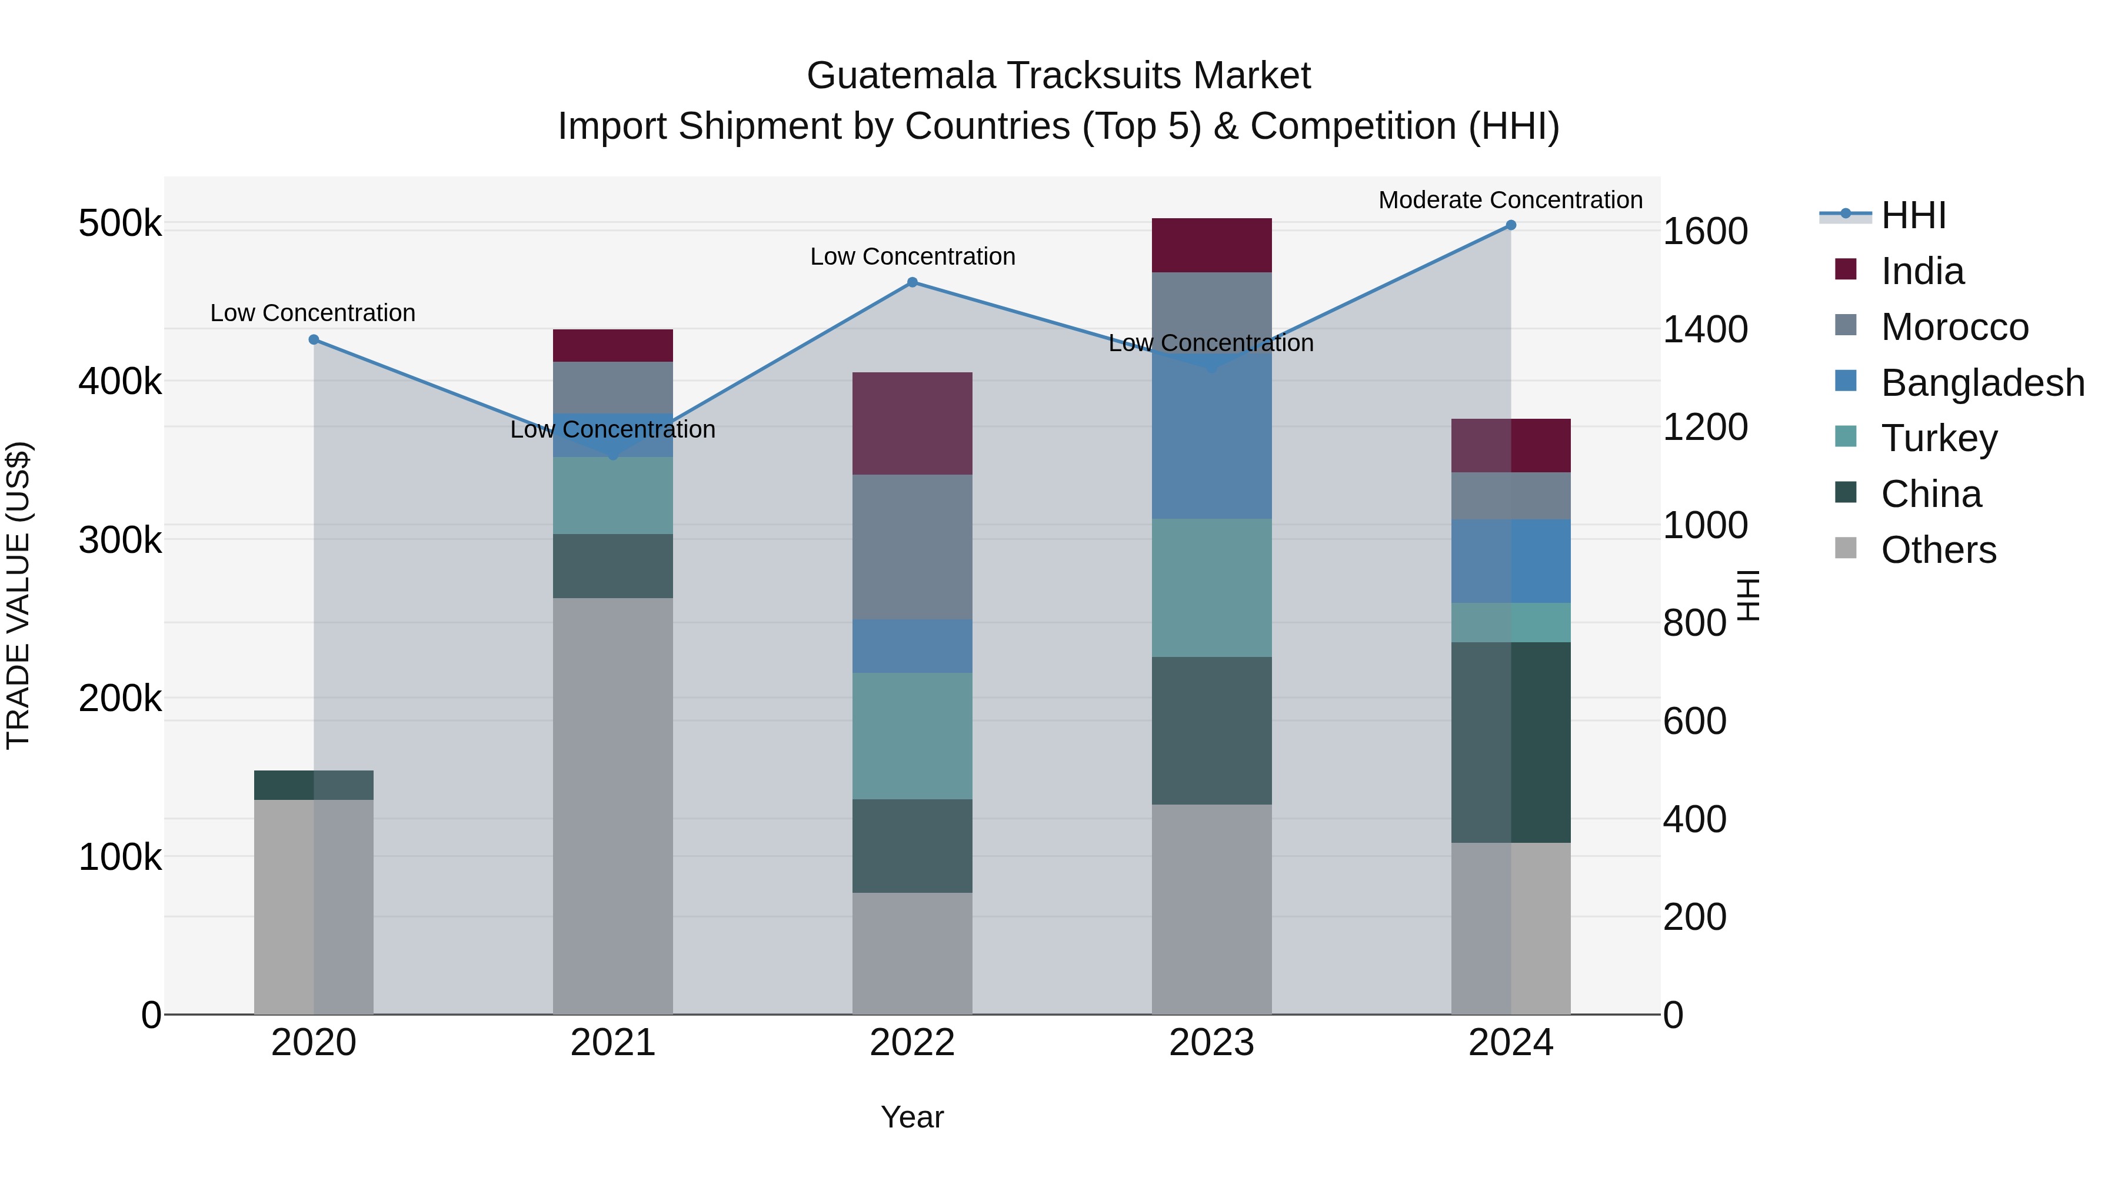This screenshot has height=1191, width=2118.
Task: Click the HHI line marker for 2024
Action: point(1510,225)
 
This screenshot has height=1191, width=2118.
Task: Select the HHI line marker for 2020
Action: point(313,339)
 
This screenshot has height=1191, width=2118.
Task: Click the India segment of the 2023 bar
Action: point(1211,245)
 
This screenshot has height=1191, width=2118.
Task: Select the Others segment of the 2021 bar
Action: point(612,806)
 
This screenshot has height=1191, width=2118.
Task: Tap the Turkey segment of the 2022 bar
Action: point(912,736)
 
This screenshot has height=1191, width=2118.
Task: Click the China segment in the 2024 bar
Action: point(1510,742)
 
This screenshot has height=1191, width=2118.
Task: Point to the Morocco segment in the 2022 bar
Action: point(912,546)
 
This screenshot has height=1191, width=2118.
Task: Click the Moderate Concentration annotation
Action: point(1510,201)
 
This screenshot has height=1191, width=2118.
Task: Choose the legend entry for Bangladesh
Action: point(1982,383)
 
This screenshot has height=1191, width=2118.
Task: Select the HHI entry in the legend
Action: point(1913,215)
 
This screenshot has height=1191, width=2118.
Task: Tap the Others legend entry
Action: point(1938,550)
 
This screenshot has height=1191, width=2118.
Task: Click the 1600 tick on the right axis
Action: point(1705,232)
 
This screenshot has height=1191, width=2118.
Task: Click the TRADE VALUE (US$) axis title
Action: point(18,595)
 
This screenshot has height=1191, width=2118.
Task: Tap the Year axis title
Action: point(912,1117)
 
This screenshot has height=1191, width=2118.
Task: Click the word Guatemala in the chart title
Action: point(901,76)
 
